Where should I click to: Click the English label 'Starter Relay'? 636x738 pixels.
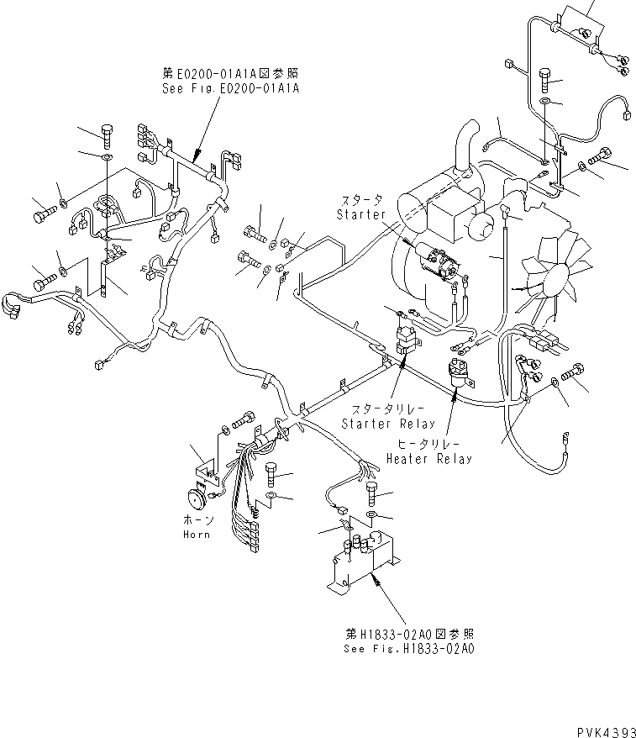pos(388,424)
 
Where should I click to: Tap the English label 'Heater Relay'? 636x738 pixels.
pos(428,459)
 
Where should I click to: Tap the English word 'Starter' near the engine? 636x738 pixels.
pos(360,213)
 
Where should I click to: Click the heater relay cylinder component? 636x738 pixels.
pos(459,370)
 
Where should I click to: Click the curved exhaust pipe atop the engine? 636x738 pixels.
pos(464,151)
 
